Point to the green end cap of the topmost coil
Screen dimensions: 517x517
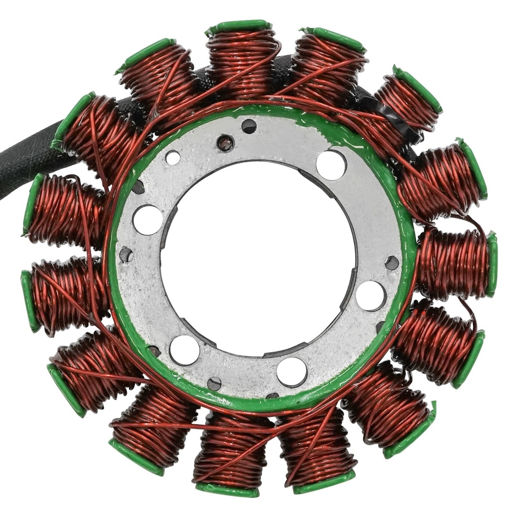pyautogui.click(x=239, y=26)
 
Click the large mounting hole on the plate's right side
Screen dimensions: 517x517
pyautogui.click(x=370, y=295)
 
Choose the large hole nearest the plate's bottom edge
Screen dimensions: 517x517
pyautogui.click(x=292, y=371)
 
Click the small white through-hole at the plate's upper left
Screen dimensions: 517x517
pyautogui.click(x=173, y=158)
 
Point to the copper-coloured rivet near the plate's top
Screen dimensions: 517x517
pyautogui.click(x=226, y=143)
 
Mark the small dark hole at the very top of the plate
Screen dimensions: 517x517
pyautogui.click(x=249, y=126)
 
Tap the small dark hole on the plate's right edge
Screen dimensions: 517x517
pyautogui.click(x=391, y=262)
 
